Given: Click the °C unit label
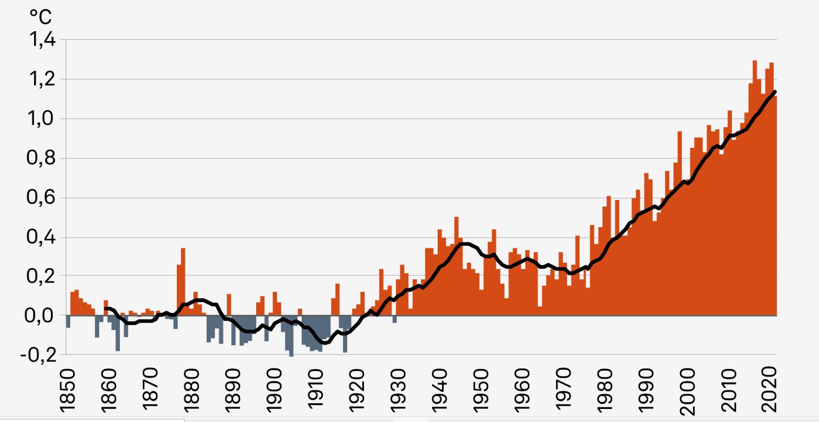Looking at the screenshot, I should pos(41,17).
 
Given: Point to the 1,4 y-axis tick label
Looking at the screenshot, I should pos(42,40).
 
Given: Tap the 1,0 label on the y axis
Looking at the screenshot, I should pos(42,119).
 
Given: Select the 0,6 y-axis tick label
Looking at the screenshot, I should pos(42,198).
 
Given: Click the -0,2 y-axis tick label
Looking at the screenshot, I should pos(38,355).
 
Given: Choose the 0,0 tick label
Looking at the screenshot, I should pos(42,316).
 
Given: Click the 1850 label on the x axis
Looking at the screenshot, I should pos(68,390).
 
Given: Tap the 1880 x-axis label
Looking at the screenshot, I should pos(191,390).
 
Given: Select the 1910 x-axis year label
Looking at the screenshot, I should pos(315,390).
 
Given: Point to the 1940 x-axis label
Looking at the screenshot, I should pos(439,390).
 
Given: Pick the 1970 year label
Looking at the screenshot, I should pos(563,390).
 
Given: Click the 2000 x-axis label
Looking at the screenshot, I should pos(687,391).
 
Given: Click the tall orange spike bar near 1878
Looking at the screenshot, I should pos(183,280).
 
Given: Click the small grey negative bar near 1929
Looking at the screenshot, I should pos(394,319).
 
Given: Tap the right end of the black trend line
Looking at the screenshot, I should pos(775,91).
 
